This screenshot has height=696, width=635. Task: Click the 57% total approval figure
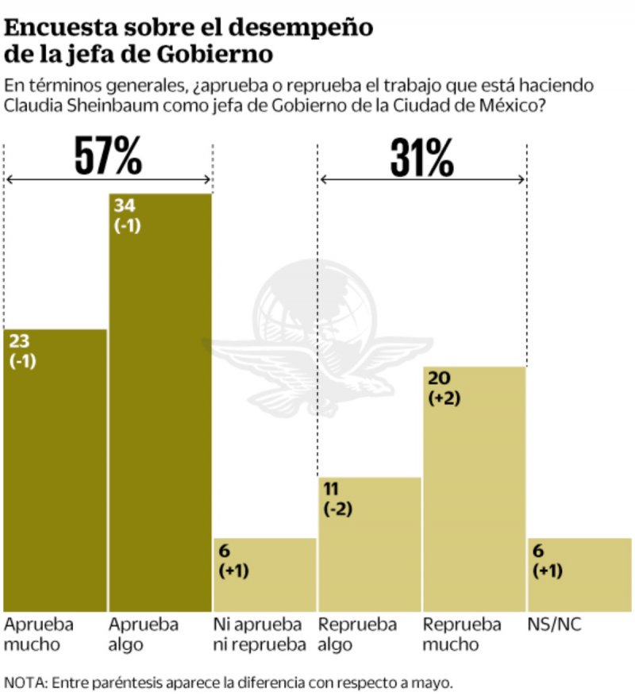click(108, 156)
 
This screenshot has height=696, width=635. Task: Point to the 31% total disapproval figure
click(422, 159)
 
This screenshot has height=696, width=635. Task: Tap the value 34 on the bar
click(125, 206)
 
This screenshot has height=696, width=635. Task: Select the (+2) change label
click(444, 400)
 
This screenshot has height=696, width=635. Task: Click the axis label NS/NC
click(555, 625)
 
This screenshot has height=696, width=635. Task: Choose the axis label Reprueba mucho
click(462, 634)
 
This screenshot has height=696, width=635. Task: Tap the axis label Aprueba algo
click(144, 634)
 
